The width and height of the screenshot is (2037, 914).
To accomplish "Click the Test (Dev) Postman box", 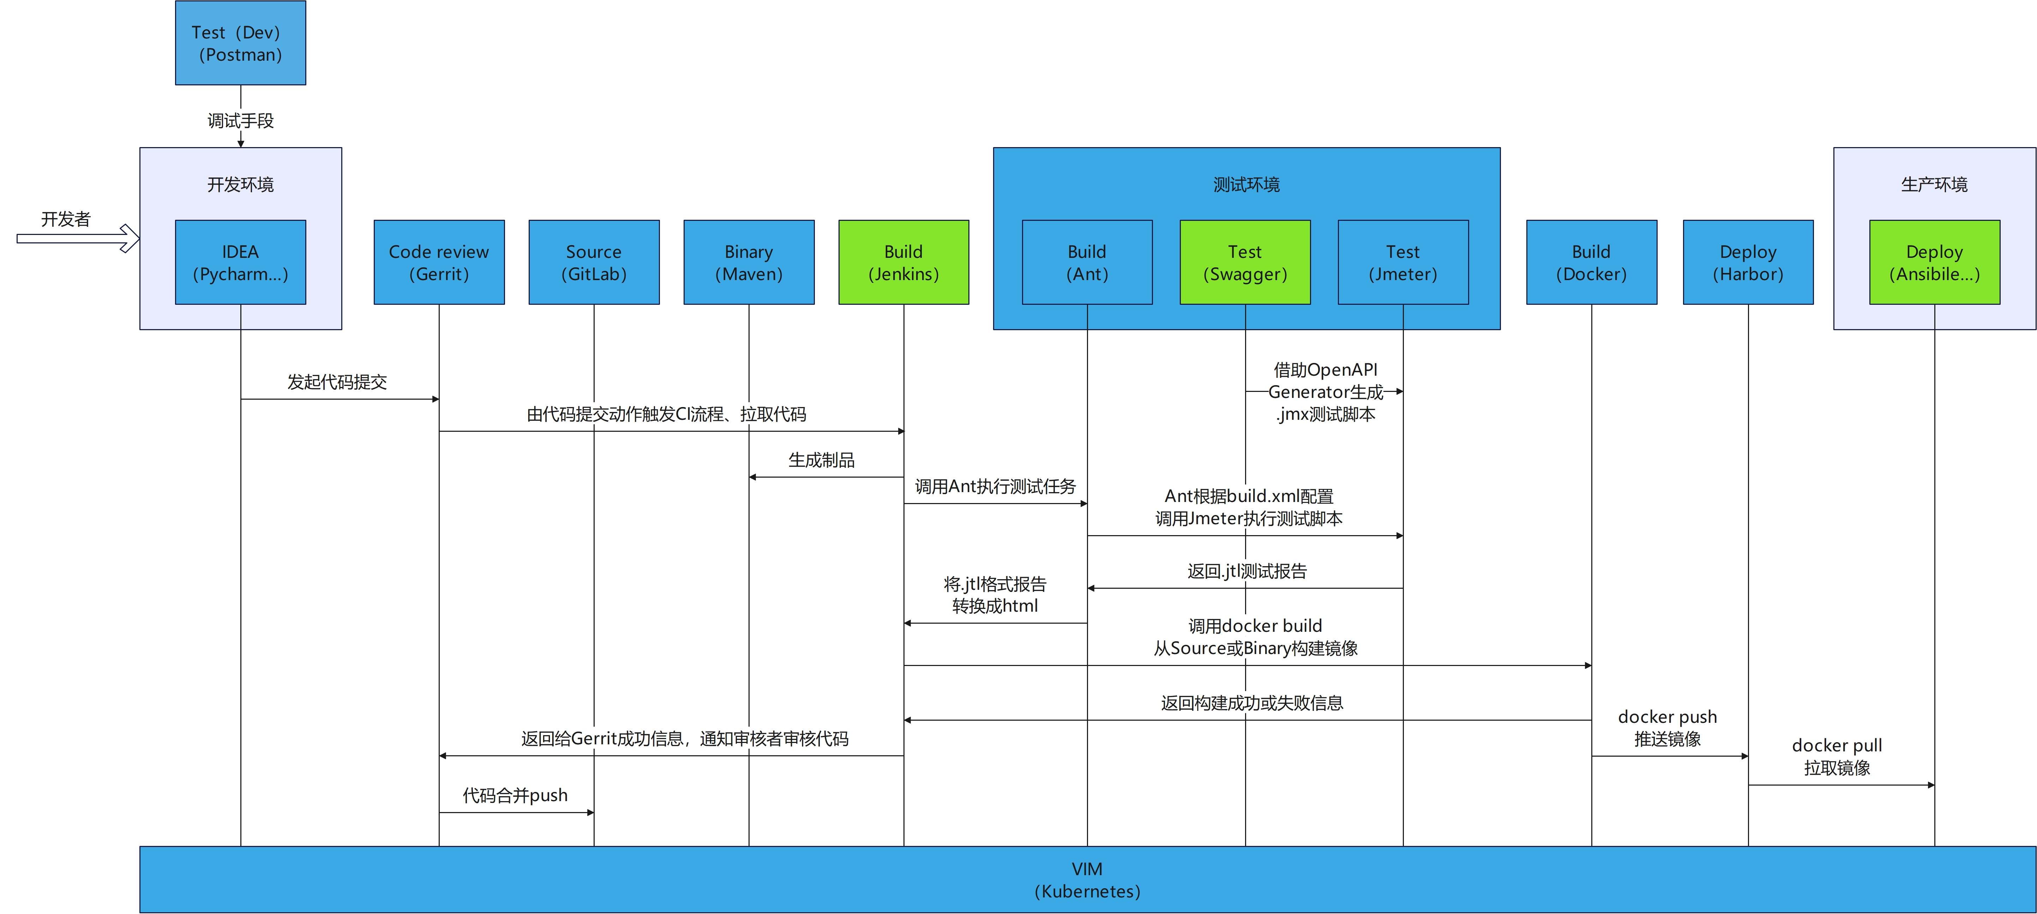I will (x=240, y=43).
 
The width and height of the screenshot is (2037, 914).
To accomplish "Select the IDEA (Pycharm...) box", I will (x=240, y=262).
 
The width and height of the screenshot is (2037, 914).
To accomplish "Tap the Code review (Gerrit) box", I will (x=439, y=262).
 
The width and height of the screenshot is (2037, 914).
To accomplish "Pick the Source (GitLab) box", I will (x=594, y=262).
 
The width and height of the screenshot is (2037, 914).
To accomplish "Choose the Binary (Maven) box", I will (x=749, y=262).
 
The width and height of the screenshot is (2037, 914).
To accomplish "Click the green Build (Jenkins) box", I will (x=904, y=262).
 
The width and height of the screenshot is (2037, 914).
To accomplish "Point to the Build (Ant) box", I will (x=1087, y=262).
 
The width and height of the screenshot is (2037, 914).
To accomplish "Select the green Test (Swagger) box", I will (x=1245, y=262).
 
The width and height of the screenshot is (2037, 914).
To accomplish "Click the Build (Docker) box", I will (x=1592, y=262).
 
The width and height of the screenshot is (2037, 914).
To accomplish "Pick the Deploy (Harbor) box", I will (x=1748, y=262).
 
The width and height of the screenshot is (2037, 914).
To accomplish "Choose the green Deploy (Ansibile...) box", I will (x=1935, y=262).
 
